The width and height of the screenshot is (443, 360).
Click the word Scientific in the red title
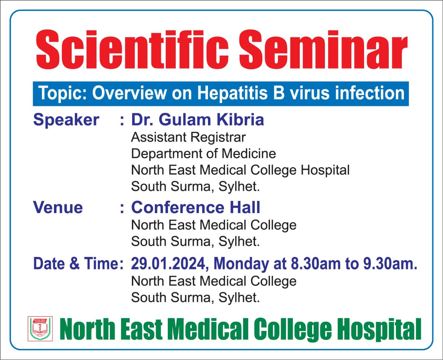tap(132, 49)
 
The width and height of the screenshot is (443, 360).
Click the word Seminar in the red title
tap(323, 49)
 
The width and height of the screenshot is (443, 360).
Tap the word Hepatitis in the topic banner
tap(232, 93)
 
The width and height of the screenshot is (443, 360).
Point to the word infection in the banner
tap(370, 93)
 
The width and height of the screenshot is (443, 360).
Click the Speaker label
tap(66, 120)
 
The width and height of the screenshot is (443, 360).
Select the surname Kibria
tap(241, 120)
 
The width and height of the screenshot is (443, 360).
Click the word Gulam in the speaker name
tap(185, 120)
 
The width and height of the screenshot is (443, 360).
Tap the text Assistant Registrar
tap(188, 138)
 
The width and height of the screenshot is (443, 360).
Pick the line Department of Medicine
tap(204, 154)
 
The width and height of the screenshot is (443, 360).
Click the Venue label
tap(58, 207)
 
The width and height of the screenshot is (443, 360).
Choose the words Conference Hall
tap(196, 207)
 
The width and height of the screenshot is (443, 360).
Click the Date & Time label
tap(78, 264)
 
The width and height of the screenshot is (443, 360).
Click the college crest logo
tap(40, 329)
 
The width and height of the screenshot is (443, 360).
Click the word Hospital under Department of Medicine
tap(325, 170)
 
